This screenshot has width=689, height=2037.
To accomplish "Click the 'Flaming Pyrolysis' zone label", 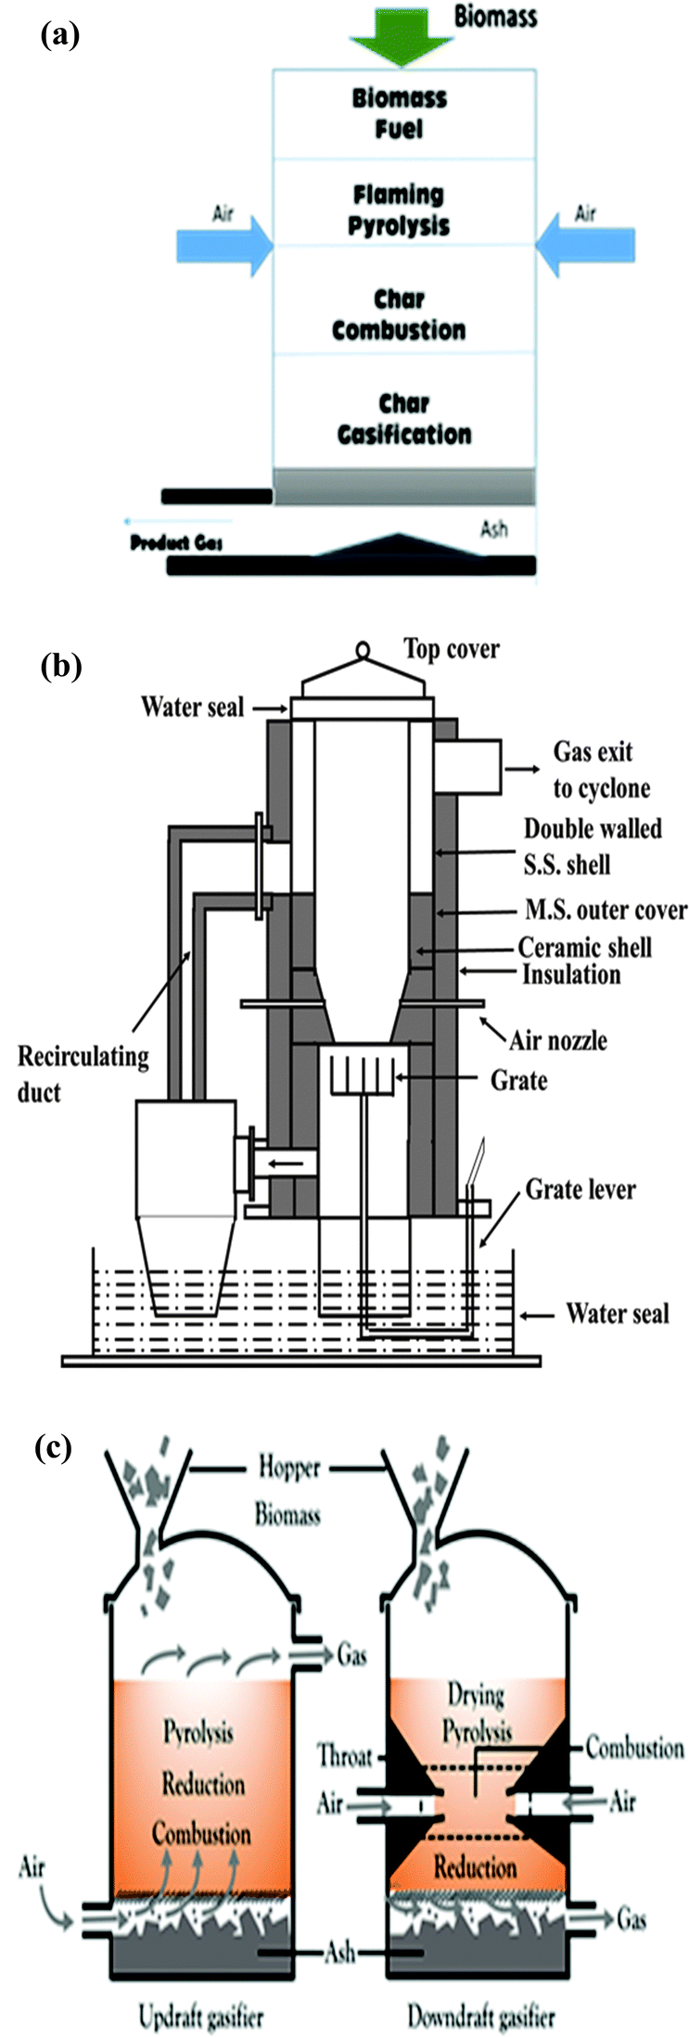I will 400,210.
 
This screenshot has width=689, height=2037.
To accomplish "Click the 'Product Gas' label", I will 176,542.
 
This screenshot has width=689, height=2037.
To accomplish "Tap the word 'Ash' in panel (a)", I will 493,530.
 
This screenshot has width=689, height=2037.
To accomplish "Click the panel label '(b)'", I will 61,666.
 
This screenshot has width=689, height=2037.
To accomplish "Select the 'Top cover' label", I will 451,649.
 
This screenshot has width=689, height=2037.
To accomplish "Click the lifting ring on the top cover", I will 362,651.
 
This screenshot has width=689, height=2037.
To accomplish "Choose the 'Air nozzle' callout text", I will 558,1039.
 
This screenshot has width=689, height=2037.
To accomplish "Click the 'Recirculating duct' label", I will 83,1074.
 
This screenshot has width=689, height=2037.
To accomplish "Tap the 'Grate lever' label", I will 581,1189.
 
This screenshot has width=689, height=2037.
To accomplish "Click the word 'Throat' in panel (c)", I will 345,1755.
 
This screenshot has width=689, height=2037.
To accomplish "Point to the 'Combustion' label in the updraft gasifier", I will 201,1834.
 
